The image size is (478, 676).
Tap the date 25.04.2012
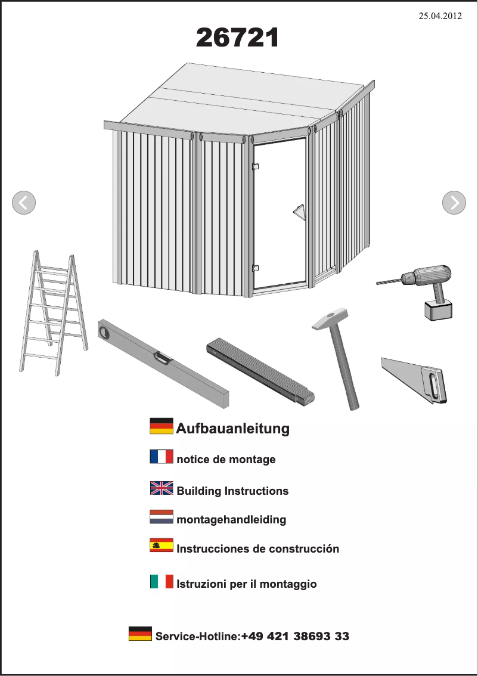point(440,16)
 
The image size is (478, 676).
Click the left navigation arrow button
point(24,203)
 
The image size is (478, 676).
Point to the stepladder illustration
point(54,313)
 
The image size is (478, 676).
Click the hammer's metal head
point(330,319)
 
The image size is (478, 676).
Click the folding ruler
point(260,371)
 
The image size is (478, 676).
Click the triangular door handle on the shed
point(300,213)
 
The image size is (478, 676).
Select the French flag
point(162,457)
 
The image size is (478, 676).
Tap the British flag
point(162,488)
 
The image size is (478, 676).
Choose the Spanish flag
point(162,545)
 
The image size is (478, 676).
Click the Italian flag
point(162,581)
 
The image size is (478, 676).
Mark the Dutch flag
point(162,516)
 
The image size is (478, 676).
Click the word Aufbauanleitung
point(233,429)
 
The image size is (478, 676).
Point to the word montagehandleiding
point(231,520)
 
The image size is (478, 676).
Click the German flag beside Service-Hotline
point(140,634)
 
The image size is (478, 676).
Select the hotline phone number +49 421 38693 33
point(295,636)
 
